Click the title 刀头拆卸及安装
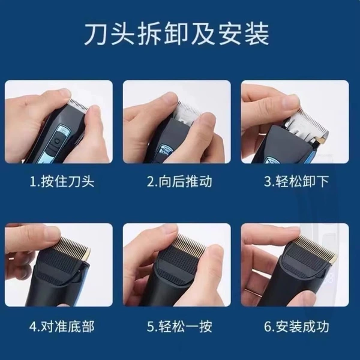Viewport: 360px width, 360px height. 176,35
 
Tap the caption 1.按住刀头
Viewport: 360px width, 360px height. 62,181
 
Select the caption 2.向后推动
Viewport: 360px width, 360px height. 179,181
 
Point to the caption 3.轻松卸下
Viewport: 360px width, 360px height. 296,181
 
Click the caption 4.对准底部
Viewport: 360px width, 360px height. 62,326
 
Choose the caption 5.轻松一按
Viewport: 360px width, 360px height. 179,326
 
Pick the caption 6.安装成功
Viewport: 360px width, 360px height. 296,326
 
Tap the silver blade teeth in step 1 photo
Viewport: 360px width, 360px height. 79,104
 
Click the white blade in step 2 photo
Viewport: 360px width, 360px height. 187,113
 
